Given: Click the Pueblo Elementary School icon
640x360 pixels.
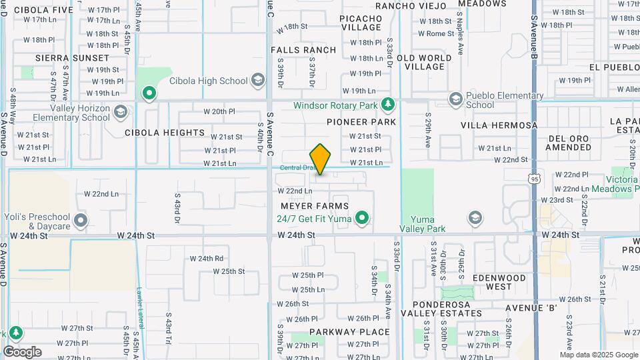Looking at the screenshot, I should [x=456, y=99].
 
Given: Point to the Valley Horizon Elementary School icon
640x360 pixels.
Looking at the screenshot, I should [x=120, y=111].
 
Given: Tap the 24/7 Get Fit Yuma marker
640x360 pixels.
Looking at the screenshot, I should [x=362, y=217].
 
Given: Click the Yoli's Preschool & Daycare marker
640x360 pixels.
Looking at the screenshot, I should [x=81, y=219].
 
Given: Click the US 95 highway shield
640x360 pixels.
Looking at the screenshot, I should [x=533, y=179].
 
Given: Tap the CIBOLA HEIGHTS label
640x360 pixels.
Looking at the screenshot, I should [x=165, y=133].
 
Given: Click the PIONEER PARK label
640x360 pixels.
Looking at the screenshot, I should [x=361, y=122].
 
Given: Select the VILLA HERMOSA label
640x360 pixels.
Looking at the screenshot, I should [x=499, y=125].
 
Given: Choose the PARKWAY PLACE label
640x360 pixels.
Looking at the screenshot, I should [x=349, y=332].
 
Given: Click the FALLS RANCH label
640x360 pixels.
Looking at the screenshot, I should [x=303, y=50].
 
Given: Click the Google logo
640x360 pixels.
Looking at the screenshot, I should [x=22, y=351].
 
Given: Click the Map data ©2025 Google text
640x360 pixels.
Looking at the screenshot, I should [x=597, y=355].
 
